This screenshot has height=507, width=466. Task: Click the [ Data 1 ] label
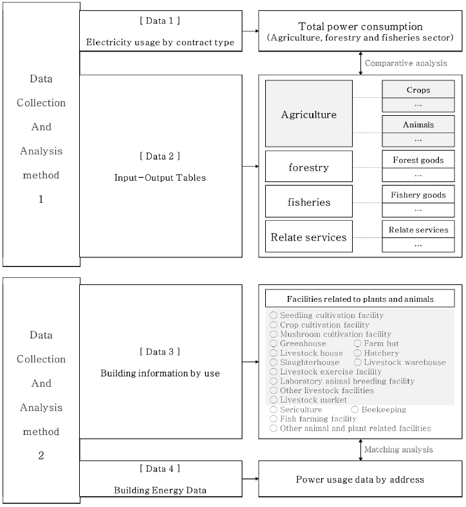tap(160, 21)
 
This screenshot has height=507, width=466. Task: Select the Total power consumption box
tap(360, 32)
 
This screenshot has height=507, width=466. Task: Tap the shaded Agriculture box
tap(309, 115)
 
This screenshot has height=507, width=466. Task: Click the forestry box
tap(309, 167)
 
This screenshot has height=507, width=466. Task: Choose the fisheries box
tap(309, 202)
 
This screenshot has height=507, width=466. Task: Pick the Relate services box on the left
tap(309, 237)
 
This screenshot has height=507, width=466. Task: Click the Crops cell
tap(418, 90)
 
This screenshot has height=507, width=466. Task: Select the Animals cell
tap(418, 125)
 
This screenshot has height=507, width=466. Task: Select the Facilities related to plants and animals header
tap(360, 299)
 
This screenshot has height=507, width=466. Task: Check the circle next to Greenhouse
tap(274, 344)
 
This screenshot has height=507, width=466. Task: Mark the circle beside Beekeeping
tap(355, 409)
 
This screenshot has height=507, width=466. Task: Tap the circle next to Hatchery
tap(358, 353)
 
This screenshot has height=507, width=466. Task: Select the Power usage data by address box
tap(360, 479)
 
